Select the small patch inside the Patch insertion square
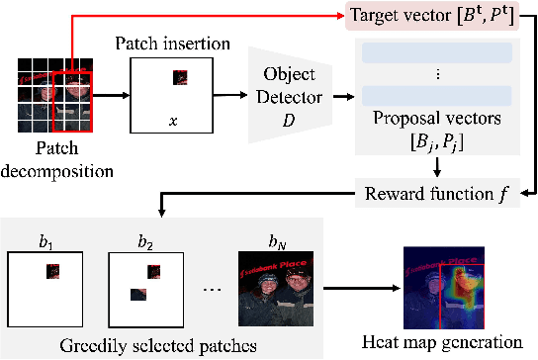click(x=180, y=76)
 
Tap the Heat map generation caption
click(x=442, y=342)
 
